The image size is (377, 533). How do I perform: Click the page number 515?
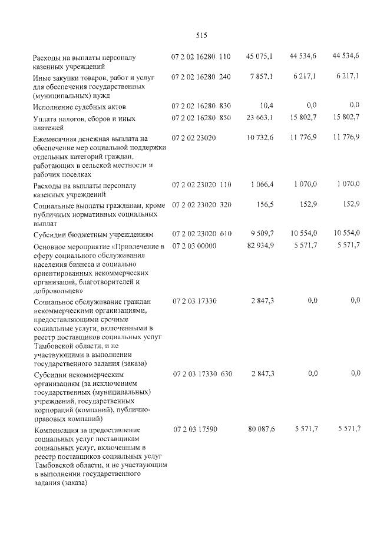click(x=200, y=35)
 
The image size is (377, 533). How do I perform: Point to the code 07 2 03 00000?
click(x=194, y=244)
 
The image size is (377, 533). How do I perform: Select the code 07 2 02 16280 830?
click(x=201, y=105)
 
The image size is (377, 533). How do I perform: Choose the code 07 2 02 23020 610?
click(x=201, y=233)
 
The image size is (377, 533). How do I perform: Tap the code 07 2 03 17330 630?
click(x=201, y=373)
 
